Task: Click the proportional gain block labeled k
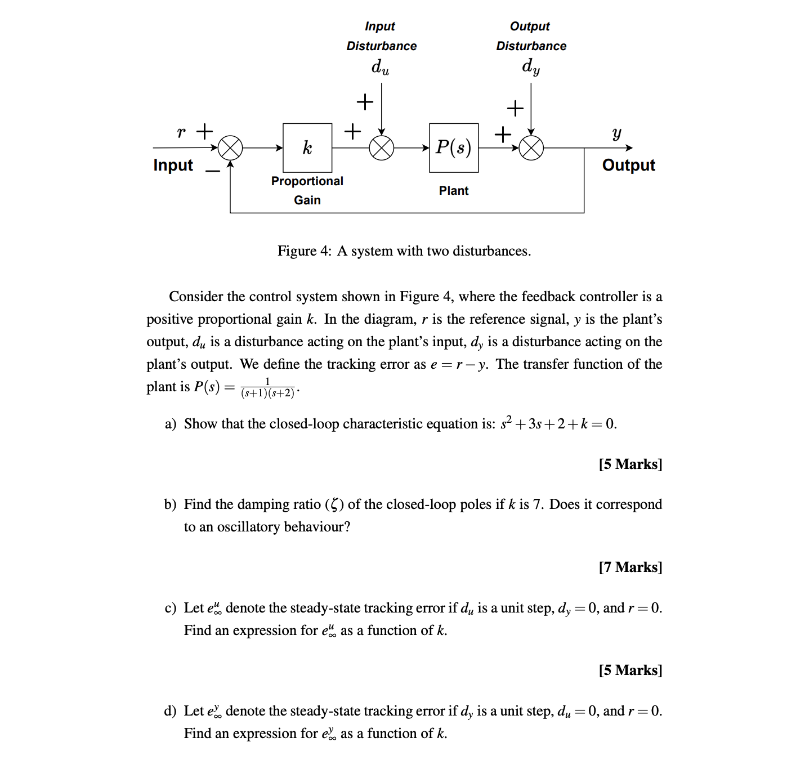[307, 147]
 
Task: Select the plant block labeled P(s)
[454, 147]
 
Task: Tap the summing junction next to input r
[230, 148]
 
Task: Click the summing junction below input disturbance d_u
[382, 148]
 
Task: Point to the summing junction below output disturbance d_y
[531, 148]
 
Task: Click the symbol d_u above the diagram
[380, 67]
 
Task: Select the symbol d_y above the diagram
[531, 66]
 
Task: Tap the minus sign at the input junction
[213, 171]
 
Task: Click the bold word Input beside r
[173, 165]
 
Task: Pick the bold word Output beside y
[628, 165]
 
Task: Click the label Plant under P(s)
[454, 191]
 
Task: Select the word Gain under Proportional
[307, 200]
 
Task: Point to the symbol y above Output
[617, 133]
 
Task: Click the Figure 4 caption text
[404, 251]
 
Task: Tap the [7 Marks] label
[631, 567]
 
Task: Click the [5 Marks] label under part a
[631, 464]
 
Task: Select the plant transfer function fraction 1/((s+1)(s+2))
[268, 388]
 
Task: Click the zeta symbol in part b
[335, 504]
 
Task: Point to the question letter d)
[170, 711]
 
